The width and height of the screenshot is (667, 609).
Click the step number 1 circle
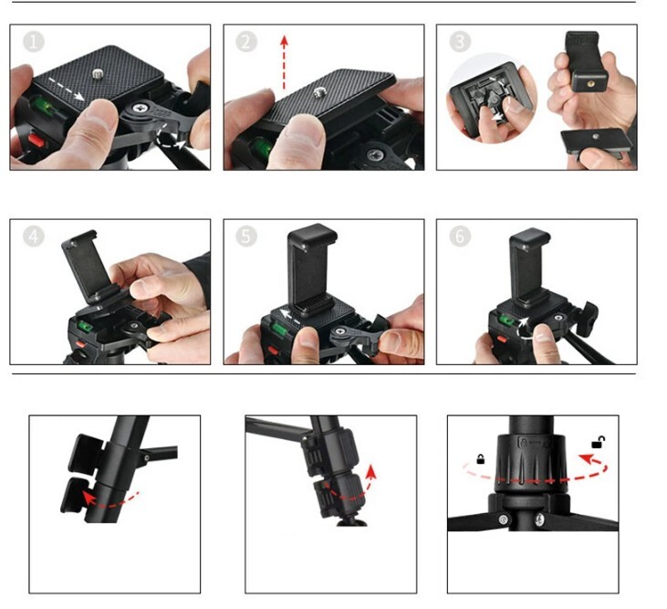pyautogui.click(x=34, y=42)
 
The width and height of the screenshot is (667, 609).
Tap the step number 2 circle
pyautogui.click(x=246, y=42)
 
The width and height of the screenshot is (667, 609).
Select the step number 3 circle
pyautogui.click(x=460, y=42)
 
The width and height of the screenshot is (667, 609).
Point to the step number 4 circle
pyautogui.click(x=34, y=236)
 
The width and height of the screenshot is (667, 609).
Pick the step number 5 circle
pyautogui.click(x=246, y=236)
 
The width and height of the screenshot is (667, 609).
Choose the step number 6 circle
pyautogui.click(x=460, y=236)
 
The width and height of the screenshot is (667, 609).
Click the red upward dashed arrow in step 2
pyautogui.click(x=284, y=63)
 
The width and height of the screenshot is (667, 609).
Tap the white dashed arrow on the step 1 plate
pyautogui.click(x=66, y=89)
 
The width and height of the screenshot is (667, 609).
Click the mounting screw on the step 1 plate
pyautogui.click(x=98, y=76)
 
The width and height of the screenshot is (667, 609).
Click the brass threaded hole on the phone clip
pyautogui.click(x=590, y=83)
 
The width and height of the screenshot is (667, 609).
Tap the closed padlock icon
pyautogui.click(x=481, y=459)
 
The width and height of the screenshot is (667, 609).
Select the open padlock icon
pyautogui.click(x=598, y=443)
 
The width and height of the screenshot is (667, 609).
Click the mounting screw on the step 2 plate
pyautogui.click(x=319, y=92)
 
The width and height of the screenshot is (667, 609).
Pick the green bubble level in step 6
pyautogui.click(x=506, y=319)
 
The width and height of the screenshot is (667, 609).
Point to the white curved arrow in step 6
pyautogui.click(x=523, y=328)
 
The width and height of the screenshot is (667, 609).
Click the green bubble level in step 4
pyautogui.click(x=85, y=326)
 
